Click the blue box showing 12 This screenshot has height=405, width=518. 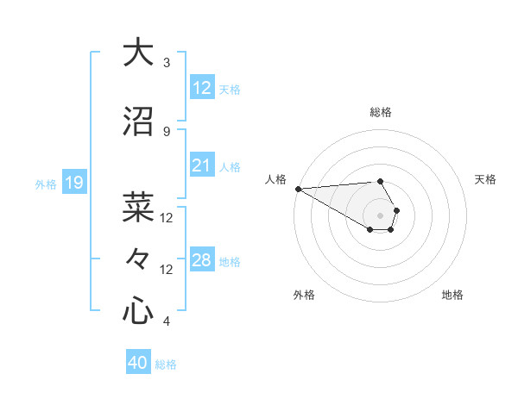click(202, 87)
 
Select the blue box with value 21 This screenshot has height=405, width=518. click(202, 165)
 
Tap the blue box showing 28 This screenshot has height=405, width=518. click(202, 260)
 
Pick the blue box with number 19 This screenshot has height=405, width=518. click(73, 182)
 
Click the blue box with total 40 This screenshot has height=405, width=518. click(138, 363)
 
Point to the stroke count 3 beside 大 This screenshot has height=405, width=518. click(166, 63)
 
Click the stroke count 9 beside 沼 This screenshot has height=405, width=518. click(166, 132)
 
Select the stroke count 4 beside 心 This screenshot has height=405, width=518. click(166, 321)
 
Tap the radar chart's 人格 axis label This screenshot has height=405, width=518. click(275, 179)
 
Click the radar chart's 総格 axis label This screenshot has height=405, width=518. click(381, 112)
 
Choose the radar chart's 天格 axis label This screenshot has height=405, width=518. click(486, 179)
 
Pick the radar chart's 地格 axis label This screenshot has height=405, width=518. click(452, 295)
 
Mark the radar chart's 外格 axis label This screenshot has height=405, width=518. click(304, 295)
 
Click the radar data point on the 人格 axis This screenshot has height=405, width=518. click(298, 189)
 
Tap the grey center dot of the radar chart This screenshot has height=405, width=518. click(381, 215)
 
